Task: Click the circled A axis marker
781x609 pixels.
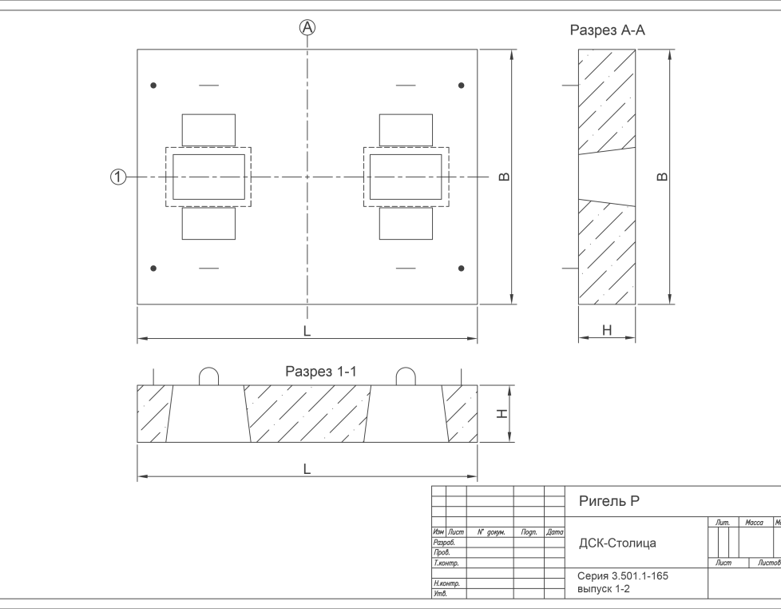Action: (307, 28)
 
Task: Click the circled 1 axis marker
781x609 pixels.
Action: (118, 177)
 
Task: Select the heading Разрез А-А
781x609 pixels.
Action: (607, 30)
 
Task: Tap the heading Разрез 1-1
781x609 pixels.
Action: (321, 372)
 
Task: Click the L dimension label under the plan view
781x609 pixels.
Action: (307, 330)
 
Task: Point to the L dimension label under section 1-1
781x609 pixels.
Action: (307, 469)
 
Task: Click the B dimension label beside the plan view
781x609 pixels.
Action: (505, 177)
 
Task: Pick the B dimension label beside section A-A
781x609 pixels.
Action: (662, 177)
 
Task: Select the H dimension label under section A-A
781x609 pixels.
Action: (607, 329)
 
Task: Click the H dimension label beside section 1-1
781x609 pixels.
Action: (502, 413)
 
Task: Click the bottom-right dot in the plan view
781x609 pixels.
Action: (461, 269)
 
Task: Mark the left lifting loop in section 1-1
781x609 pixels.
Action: (208, 376)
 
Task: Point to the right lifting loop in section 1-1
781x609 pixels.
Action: (406, 376)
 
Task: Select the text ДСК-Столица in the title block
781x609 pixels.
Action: (617, 543)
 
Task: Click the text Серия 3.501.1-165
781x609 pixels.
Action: (622, 576)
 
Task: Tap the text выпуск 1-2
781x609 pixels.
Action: (604, 589)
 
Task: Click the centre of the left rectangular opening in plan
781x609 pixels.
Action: (208, 177)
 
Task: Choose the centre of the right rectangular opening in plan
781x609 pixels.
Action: (406, 177)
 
